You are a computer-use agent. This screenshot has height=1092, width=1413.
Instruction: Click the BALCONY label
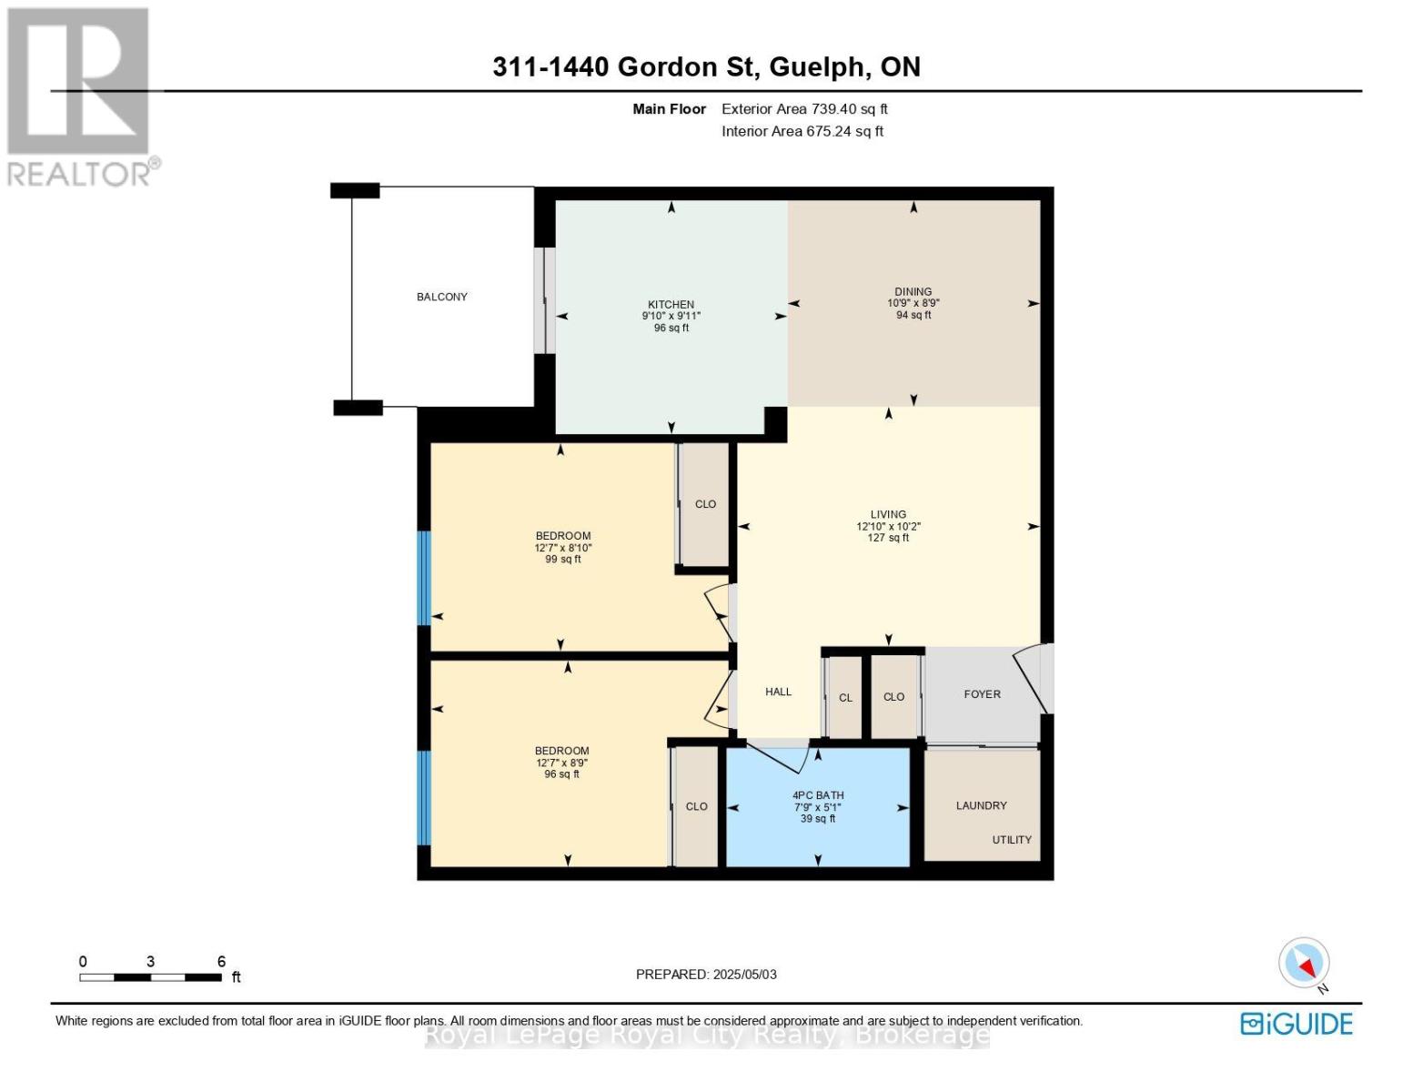tap(441, 297)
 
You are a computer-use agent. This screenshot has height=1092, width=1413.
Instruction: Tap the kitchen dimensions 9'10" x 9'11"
tap(671, 317)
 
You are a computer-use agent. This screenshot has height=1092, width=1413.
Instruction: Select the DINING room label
tap(913, 292)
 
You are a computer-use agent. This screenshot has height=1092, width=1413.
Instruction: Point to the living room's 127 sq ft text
tap(888, 538)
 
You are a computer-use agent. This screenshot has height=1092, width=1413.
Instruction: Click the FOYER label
tap(982, 694)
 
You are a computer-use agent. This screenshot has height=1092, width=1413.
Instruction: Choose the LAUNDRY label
tap(981, 805)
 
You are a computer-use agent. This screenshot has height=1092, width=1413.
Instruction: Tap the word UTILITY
tap(1011, 840)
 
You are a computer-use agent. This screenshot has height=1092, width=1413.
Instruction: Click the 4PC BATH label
tap(818, 795)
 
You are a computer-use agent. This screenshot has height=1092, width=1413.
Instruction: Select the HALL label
tap(778, 692)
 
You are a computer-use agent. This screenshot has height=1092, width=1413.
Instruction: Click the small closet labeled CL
tap(845, 698)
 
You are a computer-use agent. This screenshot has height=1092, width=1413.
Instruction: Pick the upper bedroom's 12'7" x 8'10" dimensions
tap(563, 548)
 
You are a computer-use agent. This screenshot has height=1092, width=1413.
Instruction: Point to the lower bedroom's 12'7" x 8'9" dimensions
tap(562, 763)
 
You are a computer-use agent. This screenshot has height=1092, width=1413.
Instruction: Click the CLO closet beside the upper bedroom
tap(705, 504)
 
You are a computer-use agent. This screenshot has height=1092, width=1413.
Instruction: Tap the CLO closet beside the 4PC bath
tap(696, 806)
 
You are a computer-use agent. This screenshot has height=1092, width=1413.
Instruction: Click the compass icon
tap(1304, 963)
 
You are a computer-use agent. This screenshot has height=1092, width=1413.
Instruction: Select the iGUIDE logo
tap(1297, 1024)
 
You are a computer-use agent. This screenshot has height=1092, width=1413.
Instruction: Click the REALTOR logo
tap(80, 96)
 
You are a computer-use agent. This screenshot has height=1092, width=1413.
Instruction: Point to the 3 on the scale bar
tap(150, 962)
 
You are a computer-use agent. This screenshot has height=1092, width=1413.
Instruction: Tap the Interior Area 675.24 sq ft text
tap(802, 131)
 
